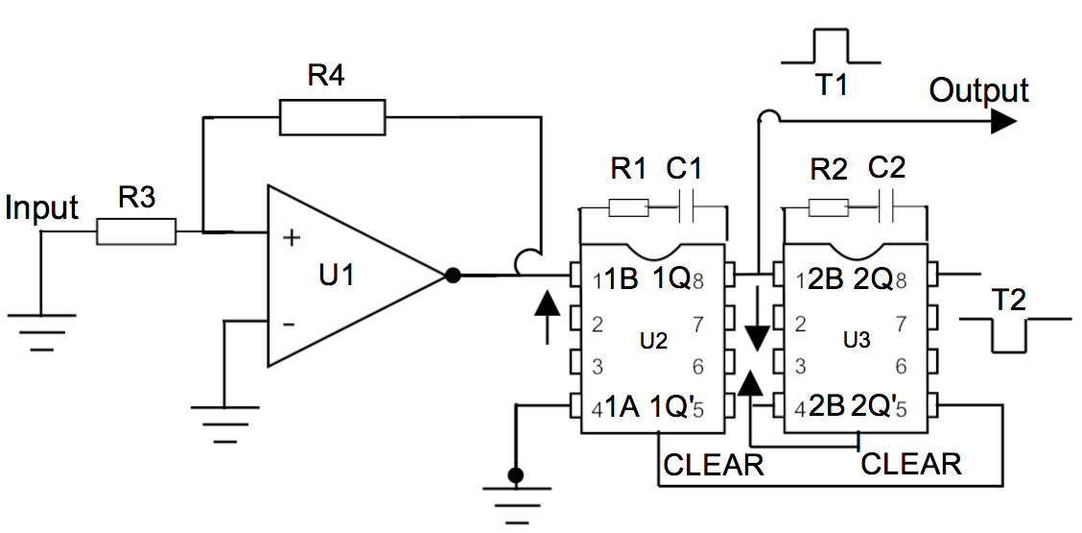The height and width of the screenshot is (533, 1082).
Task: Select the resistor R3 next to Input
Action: [x=136, y=231]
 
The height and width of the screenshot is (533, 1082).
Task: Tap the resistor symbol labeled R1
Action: [x=627, y=207]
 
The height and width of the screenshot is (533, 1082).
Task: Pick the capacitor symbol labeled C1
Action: [x=686, y=207]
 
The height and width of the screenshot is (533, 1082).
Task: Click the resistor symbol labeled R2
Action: [x=828, y=207]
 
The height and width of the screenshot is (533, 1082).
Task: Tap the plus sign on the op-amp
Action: [x=289, y=237]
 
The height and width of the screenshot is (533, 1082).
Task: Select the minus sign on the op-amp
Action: [x=288, y=324]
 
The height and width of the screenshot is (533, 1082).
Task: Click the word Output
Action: [x=978, y=91]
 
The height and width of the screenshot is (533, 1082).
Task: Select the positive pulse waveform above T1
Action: [x=831, y=46]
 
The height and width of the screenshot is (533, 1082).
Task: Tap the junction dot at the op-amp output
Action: [x=453, y=276]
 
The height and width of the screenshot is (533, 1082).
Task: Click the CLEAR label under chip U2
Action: [x=714, y=465]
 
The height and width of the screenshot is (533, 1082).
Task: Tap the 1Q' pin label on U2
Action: [x=670, y=406]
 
